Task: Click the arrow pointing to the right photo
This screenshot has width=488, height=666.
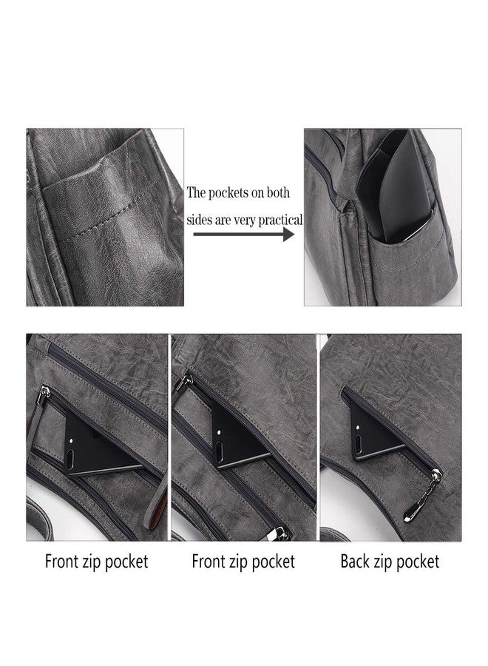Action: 244,234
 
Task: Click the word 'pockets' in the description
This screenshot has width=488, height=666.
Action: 229,193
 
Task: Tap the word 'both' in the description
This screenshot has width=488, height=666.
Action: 278,192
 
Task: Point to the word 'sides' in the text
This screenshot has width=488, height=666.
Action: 199,220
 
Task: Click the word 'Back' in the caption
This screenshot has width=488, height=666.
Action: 355,561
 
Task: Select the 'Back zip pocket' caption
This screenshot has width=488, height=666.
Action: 390,562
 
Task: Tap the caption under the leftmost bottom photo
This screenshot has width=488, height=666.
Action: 96,562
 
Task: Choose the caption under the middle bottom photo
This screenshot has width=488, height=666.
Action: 243,562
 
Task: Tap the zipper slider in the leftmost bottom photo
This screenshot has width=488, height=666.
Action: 44,394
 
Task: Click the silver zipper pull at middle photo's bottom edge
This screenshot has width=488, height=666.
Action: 280,533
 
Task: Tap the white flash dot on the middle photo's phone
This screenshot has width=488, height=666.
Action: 219,431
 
